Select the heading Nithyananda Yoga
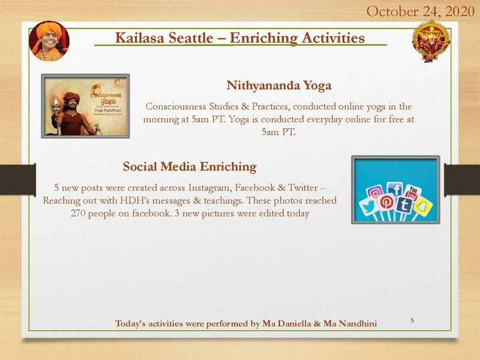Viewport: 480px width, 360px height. [x=279, y=85]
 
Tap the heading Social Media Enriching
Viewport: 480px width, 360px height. [x=190, y=166]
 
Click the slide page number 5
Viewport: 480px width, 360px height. [x=412, y=320]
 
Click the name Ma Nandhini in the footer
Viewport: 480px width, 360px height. [x=350, y=324]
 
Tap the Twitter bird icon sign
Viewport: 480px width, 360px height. [x=367, y=209]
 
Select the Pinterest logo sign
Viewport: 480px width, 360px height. [x=386, y=203]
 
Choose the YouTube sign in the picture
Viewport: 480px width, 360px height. [x=412, y=193]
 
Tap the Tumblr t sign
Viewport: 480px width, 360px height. [x=404, y=206]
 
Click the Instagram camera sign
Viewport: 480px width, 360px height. [x=376, y=194]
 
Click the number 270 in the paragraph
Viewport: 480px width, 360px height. [x=80, y=214]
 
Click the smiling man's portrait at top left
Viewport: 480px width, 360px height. [x=49, y=41]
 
